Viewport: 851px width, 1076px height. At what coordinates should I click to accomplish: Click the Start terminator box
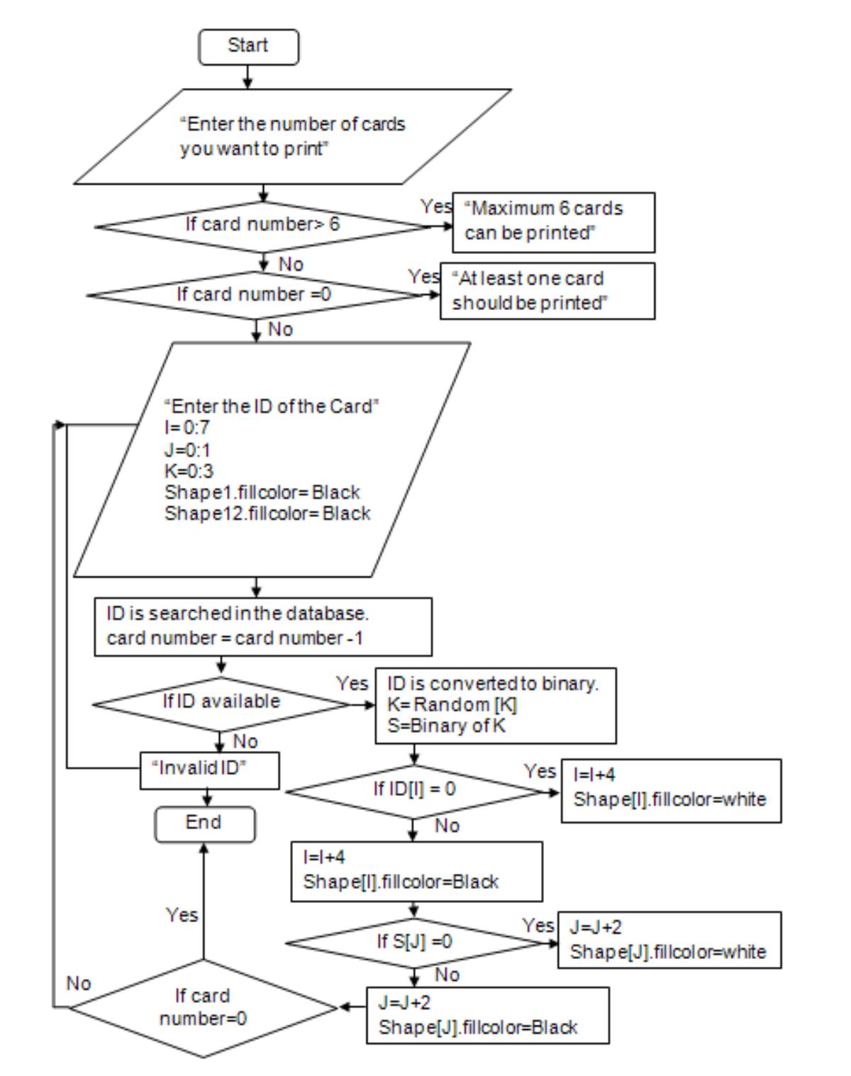[x=248, y=47]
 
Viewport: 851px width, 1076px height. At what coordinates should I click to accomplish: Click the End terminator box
[x=204, y=823]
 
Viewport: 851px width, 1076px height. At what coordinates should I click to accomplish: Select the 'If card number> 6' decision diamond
[x=263, y=226]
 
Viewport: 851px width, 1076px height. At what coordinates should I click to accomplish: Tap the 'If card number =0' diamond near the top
[x=255, y=294]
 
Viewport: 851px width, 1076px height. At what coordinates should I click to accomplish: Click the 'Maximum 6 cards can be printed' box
[x=553, y=222]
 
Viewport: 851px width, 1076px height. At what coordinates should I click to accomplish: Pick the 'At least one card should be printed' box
[x=547, y=291]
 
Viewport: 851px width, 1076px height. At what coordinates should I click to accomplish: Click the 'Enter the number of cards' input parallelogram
[x=292, y=136]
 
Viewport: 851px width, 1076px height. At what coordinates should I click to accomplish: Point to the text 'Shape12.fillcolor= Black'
[x=267, y=514]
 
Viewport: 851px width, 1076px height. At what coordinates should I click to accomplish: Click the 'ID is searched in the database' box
[x=262, y=626]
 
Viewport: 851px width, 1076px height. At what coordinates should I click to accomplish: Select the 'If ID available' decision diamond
[x=221, y=702]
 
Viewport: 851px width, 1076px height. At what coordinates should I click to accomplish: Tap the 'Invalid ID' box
[x=210, y=770]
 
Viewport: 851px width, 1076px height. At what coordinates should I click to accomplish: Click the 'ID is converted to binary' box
[x=495, y=705]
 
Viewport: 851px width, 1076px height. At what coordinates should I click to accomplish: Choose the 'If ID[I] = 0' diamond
[x=415, y=790]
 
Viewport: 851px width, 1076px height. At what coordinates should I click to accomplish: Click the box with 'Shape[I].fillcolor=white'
[x=670, y=790]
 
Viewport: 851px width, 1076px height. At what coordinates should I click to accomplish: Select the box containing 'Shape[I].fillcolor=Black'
[x=416, y=871]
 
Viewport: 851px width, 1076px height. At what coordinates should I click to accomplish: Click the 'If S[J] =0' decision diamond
[x=415, y=942]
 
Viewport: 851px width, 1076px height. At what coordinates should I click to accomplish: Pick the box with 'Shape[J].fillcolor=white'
[x=669, y=940]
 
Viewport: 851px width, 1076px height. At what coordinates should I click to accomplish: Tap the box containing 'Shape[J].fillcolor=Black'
[x=487, y=1015]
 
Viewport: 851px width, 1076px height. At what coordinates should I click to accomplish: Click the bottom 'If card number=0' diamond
[x=203, y=1008]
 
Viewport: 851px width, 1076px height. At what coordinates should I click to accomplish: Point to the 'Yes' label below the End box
[x=182, y=915]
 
